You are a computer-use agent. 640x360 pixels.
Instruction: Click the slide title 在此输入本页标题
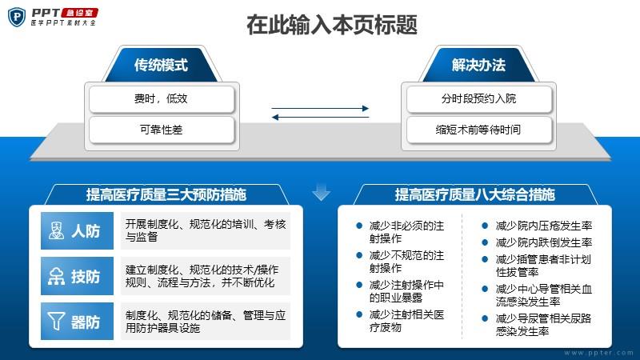point(332,24)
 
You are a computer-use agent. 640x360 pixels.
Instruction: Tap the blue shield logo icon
point(17,17)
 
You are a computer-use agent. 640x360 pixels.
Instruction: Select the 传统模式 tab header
point(162,65)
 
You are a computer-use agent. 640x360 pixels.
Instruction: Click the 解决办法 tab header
point(478,65)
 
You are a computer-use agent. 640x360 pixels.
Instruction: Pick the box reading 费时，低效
point(162,98)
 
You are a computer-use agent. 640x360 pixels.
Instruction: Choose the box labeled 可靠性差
point(162,130)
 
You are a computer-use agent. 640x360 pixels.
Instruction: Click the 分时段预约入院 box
point(478,98)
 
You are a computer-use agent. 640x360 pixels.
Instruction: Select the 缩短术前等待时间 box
point(478,130)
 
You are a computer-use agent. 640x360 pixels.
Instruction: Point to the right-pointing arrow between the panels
point(321,108)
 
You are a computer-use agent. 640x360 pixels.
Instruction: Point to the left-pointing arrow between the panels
point(321,117)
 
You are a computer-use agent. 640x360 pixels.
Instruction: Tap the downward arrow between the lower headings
point(322,193)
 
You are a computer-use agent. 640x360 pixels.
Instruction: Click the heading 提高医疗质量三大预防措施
point(166,194)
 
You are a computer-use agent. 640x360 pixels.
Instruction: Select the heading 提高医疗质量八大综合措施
point(474,194)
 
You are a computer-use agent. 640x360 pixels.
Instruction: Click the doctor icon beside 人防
point(56,230)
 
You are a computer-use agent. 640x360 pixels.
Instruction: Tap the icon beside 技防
point(56,276)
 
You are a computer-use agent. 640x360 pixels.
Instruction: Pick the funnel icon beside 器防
point(56,322)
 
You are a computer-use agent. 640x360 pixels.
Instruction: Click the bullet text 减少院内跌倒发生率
point(544,242)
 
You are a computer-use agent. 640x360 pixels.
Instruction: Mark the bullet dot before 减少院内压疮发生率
point(485,226)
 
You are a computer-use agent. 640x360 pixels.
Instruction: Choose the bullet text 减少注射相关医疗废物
point(406,321)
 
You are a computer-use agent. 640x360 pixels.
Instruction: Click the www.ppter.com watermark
point(598,353)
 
